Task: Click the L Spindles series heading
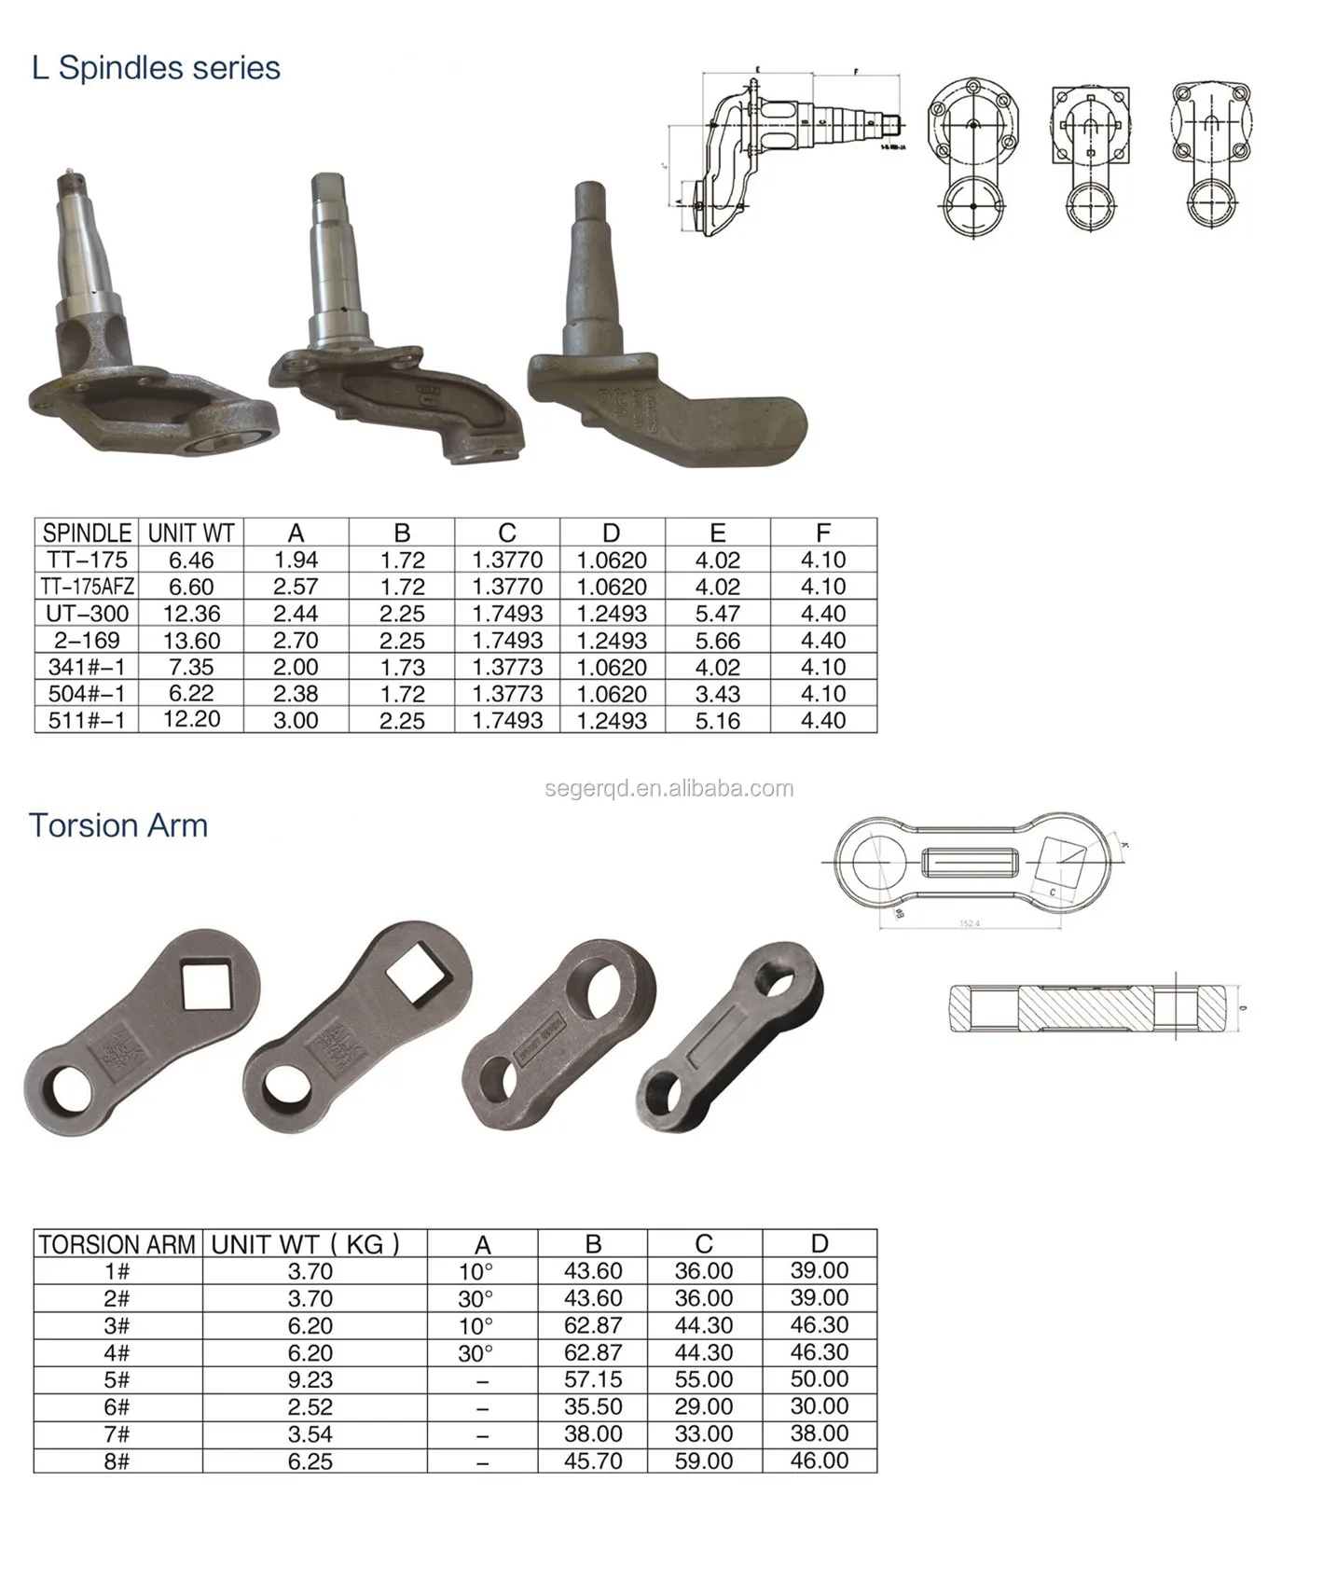click(156, 68)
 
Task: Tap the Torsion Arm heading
click(117, 825)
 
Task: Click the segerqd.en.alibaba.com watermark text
click(668, 788)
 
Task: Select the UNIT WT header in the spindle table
click(191, 533)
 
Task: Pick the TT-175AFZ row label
click(87, 587)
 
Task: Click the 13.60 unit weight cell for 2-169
click(191, 641)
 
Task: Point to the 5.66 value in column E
click(717, 641)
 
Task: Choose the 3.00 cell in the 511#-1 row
click(296, 721)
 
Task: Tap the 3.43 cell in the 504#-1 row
click(717, 694)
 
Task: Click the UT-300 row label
click(87, 614)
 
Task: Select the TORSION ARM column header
click(117, 1244)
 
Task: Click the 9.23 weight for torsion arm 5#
click(310, 1379)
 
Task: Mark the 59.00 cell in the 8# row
click(704, 1460)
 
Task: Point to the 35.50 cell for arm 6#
click(592, 1406)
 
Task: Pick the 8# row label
click(117, 1460)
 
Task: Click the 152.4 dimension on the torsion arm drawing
click(970, 923)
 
